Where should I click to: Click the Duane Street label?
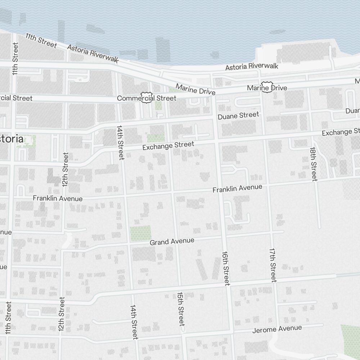click(x=238, y=115)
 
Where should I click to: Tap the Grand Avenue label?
click(x=172, y=241)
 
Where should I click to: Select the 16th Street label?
click(x=226, y=268)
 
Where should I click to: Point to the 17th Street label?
click(x=273, y=265)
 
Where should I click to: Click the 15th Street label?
click(x=181, y=309)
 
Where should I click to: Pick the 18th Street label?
click(x=314, y=164)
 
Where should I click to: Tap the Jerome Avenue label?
click(x=277, y=329)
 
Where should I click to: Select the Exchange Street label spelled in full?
click(x=168, y=146)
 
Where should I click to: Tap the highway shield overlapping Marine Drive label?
click(x=267, y=87)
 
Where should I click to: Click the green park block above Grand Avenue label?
click(x=140, y=233)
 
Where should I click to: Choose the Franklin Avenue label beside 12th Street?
click(x=58, y=198)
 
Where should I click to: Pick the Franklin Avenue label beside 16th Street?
click(x=237, y=188)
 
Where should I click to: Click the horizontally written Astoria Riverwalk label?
click(x=252, y=67)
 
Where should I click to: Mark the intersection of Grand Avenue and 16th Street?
click(x=223, y=236)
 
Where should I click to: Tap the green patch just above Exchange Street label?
click(x=156, y=138)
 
